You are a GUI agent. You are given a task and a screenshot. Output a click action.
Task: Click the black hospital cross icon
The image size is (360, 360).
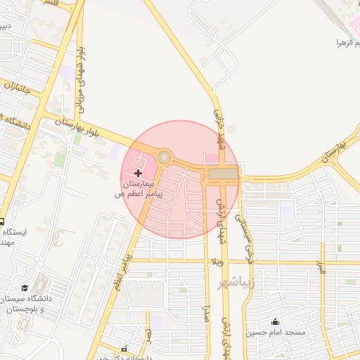138,172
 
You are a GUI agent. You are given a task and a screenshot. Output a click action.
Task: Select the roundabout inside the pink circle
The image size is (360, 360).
165,157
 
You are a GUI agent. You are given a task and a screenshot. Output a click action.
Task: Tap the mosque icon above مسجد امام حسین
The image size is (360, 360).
274,322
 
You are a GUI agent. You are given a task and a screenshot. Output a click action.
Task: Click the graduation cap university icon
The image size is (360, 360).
25,288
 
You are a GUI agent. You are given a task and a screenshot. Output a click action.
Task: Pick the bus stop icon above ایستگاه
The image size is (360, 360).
2,221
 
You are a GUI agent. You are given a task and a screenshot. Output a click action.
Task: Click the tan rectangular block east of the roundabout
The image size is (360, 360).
222,173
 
